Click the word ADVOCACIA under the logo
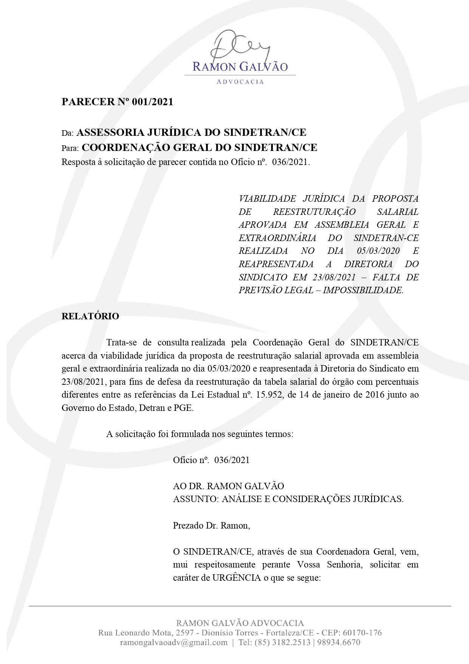click(240, 82)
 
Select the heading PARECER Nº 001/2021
click(117, 102)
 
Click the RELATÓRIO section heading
click(90, 316)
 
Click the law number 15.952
click(269, 395)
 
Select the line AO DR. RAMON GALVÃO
click(228, 486)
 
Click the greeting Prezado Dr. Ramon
click(211, 526)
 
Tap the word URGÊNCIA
click(237, 578)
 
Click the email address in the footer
click(174, 642)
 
